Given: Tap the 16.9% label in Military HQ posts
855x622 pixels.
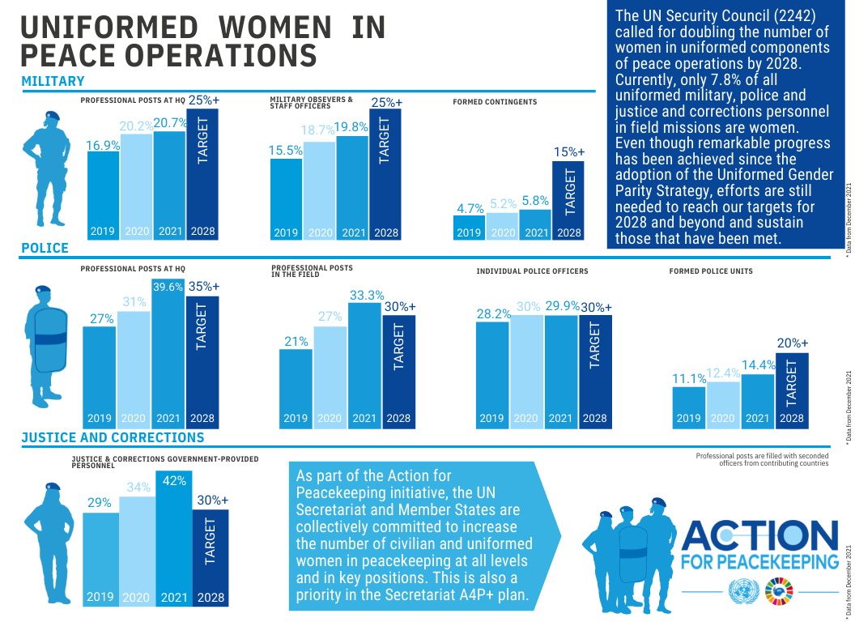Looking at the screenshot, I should tap(103, 146).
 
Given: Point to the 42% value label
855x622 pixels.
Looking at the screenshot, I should tap(173, 480).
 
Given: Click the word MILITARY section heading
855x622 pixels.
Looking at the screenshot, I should tap(53, 81).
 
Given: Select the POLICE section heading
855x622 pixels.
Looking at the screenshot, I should tap(45, 248).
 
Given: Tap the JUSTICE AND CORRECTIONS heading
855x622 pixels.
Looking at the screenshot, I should tap(113, 437).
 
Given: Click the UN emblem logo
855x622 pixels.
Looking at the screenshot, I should tap(743, 592).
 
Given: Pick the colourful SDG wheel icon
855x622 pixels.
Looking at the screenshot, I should tap(779, 592).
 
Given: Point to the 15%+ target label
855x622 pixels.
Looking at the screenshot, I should tap(569, 151).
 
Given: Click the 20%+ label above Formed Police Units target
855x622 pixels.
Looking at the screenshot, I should tap(792, 343).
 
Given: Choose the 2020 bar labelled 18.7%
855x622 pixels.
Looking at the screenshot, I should tap(319, 190).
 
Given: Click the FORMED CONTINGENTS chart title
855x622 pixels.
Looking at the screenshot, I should tap(494, 102).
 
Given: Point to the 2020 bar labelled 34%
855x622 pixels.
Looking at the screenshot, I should tap(138, 551).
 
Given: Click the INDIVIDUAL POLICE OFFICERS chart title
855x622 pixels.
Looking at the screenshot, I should tap(532, 271).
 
